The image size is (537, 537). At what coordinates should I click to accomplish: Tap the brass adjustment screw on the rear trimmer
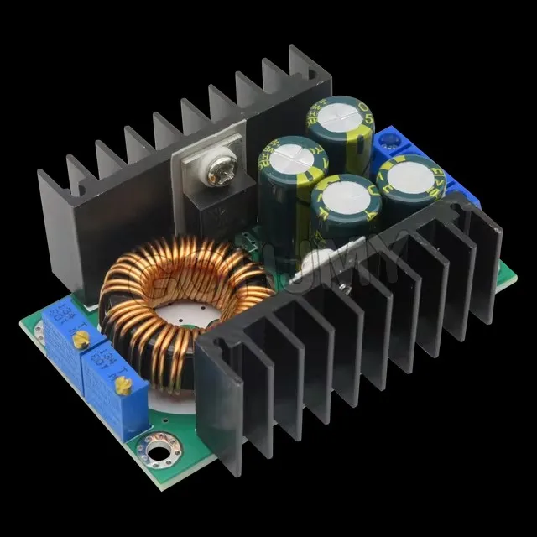pyautogui.click(x=81, y=338)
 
